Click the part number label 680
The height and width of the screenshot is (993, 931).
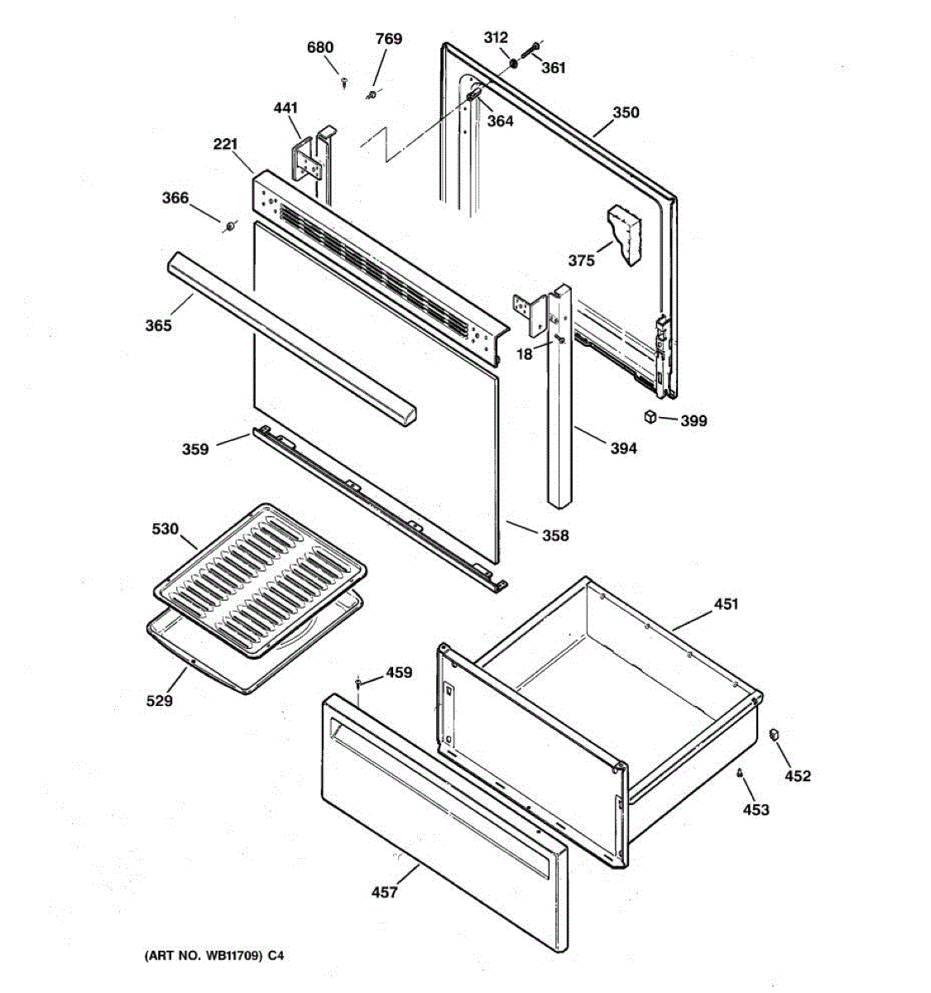pyautogui.click(x=319, y=47)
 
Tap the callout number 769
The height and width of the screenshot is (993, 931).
pyautogui.click(x=388, y=39)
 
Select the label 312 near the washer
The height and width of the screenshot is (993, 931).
pyautogui.click(x=496, y=37)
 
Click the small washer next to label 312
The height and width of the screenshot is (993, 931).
pyautogui.click(x=514, y=64)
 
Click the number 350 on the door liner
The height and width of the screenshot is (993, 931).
pyautogui.click(x=626, y=112)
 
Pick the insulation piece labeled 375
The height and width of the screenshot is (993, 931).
pyautogui.click(x=624, y=234)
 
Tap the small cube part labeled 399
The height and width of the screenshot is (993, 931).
pyautogui.click(x=650, y=416)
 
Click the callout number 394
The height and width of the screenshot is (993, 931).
pyautogui.click(x=623, y=449)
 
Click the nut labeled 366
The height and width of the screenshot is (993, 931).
pyautogui.click(x=229, y=227)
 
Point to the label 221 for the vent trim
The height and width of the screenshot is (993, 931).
pyautogui.click(x=225, y=144)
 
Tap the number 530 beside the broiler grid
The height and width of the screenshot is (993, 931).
pyautogui.click(x=165, y=529)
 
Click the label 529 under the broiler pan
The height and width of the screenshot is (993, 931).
pyautogui.click(x=159, y=701)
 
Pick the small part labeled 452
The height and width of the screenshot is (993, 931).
pyautogui.click(x=774, y=734)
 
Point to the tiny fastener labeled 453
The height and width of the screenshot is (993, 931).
pyautogui.click(x=738, y=773)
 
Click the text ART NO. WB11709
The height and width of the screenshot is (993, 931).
pyautogui.click(x=205, y=956)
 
